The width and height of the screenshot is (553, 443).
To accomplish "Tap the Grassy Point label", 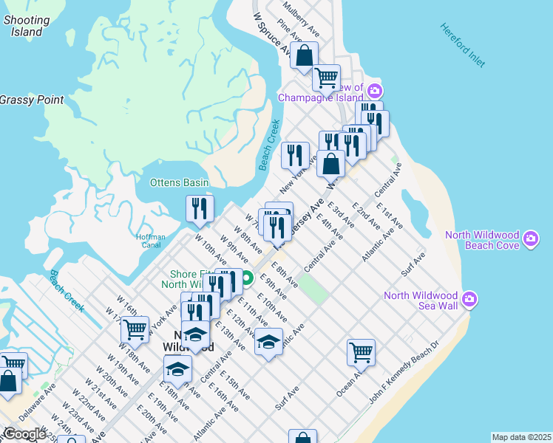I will coord(32,100).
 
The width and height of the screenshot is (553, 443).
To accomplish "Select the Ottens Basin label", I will coord(179,182).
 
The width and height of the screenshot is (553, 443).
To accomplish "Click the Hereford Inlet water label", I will coord(463,45).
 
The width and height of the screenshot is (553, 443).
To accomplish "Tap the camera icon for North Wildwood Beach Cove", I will coord(531,239).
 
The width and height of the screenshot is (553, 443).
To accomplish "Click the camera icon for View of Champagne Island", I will coord(374,91).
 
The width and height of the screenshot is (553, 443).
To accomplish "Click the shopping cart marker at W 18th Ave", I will coord(135,329).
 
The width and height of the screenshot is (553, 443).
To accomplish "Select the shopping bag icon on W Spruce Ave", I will coord(304,55).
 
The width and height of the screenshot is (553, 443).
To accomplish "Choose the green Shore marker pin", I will coord(249,278).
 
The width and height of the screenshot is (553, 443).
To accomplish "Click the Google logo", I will coord(24,434).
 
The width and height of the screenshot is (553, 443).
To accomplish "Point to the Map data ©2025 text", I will coord(521,437).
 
